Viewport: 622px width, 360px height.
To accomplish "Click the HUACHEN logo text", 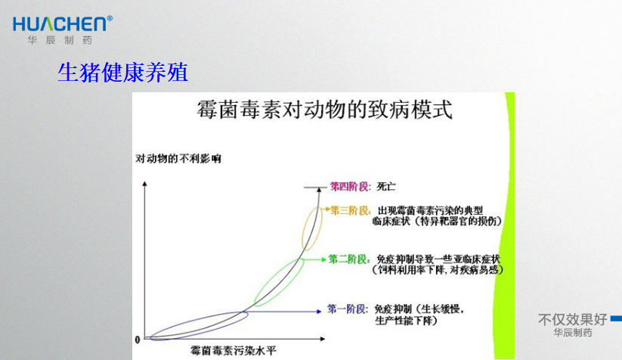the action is (x=60, y=24).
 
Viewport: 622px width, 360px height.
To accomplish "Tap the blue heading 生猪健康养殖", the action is (x=123, y=73).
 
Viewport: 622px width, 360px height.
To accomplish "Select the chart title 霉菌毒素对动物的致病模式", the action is (x=324, y=110).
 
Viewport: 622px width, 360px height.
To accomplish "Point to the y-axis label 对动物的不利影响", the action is (x=178, y=159).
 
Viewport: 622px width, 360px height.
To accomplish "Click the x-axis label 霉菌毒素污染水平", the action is (x=234, y=350).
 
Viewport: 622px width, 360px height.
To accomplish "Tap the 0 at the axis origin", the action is (x=138, y=340).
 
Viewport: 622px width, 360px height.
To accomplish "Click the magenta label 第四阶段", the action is (x=351, y=186).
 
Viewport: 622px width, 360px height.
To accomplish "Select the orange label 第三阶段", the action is (x=351, y=210).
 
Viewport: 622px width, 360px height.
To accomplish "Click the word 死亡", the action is (x=386, y=186).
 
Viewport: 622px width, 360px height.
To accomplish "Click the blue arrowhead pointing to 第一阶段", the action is (x=319, y=311).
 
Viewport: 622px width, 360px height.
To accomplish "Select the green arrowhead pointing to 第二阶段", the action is (x=323, y=259).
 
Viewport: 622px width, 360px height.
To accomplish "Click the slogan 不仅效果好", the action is (x=572, y=319).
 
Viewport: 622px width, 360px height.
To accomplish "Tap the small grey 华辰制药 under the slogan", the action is (x=572, y=333).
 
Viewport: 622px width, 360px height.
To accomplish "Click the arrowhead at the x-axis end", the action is (x=323, y=339).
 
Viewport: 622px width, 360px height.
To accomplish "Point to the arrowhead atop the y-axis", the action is (x=145, y=184).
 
